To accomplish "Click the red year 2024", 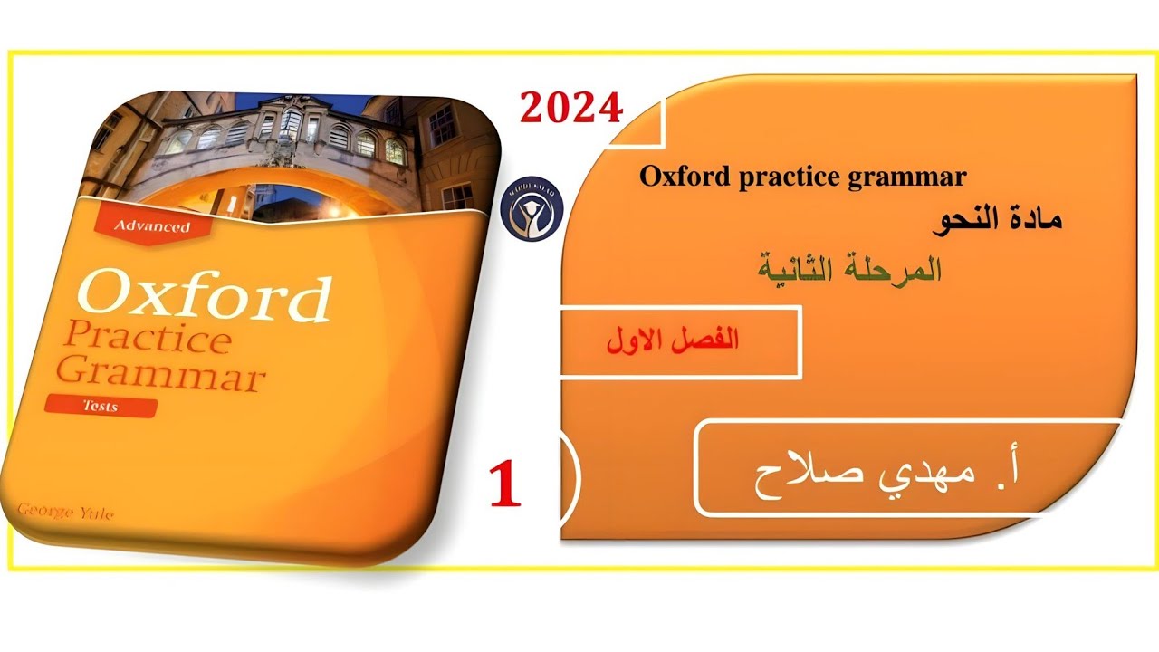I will pyautogui.click(x=571, y=108).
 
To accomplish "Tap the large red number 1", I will pyautogui.click(x=504, y=484).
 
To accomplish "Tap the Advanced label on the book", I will pyautogui.click(x=150, y=225).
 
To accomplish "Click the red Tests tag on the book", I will pyautogui.click(x=101, y=407).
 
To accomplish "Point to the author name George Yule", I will pyautogui.click(x=65, y=513).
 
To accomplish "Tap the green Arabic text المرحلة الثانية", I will pyautogui.click(x=848, y=270).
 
